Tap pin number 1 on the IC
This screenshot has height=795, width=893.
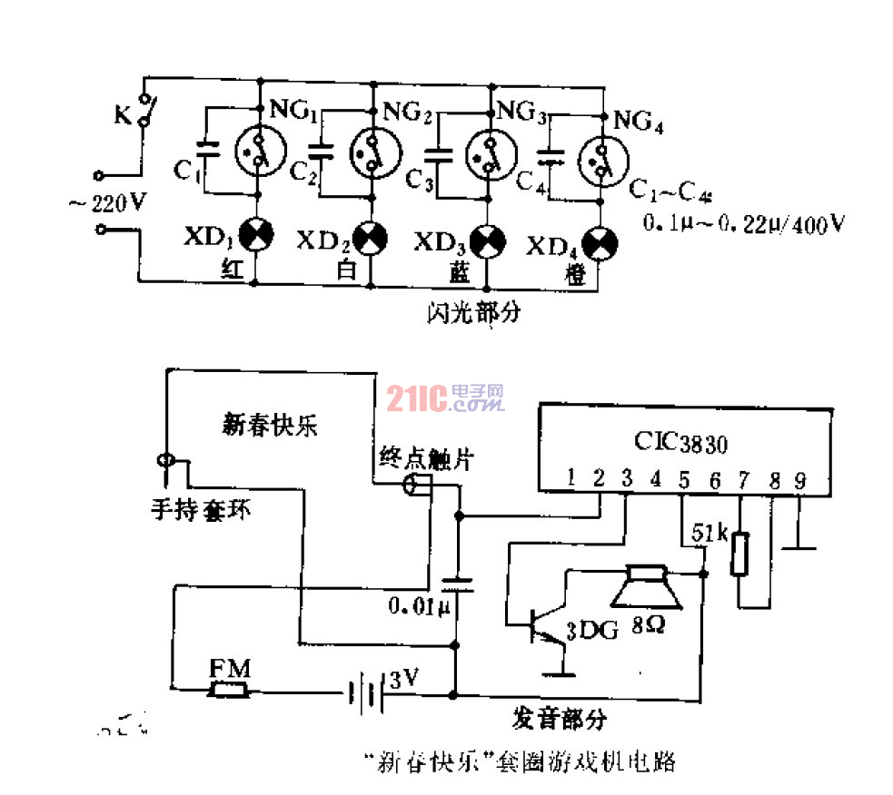point(570,477)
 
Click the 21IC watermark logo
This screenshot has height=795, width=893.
point(445,397)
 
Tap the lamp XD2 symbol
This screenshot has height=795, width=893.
point(371,239)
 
